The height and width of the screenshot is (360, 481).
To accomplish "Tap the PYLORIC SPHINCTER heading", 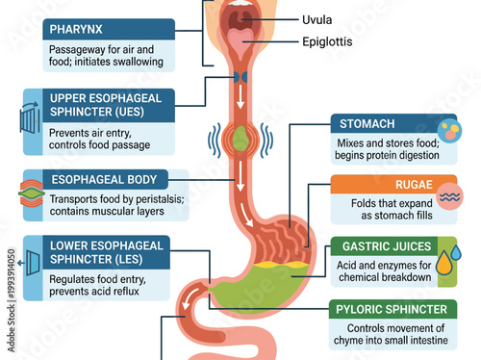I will tap(392, 309).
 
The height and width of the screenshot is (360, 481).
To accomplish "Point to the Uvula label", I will tap(318, 19).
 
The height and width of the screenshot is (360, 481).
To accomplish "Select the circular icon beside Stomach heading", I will tap(448, 131).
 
